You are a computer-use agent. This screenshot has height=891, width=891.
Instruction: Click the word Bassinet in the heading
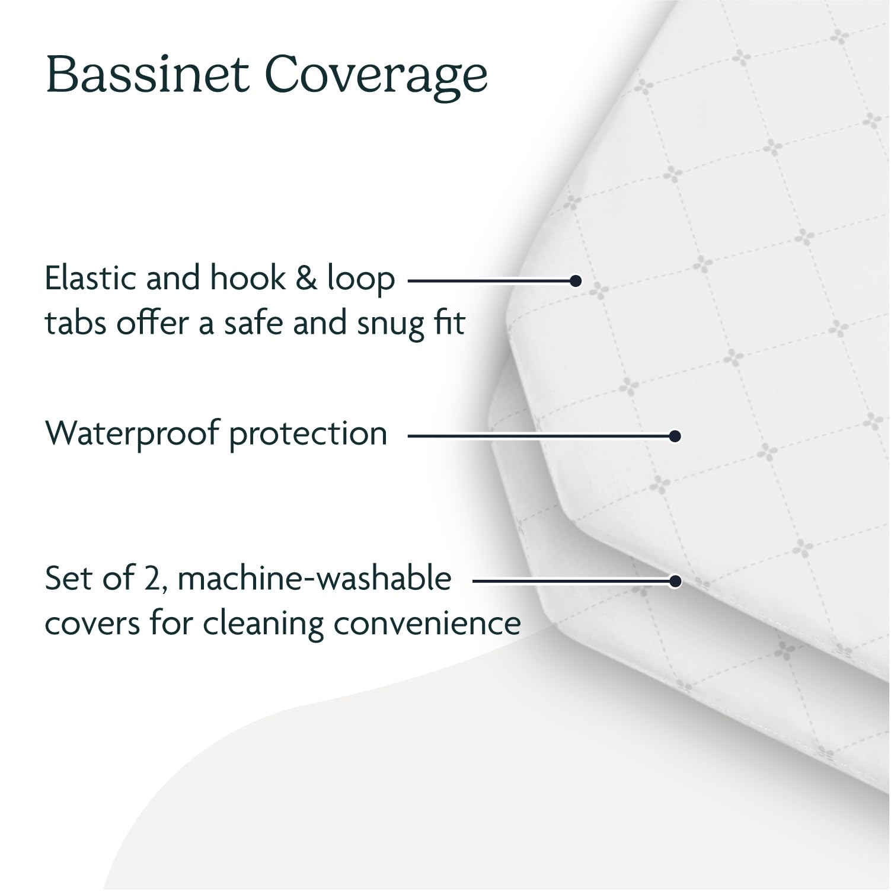147,75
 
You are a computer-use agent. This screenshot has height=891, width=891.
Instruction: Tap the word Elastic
91,278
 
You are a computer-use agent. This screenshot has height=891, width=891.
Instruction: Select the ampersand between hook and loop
306,278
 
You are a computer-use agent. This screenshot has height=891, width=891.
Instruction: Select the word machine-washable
314,579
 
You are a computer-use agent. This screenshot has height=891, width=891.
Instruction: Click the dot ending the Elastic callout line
575,280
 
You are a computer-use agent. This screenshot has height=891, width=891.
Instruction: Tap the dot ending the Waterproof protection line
674,436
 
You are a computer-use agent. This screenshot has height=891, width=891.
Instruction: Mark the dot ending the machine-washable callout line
674,581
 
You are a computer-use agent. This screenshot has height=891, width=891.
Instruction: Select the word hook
244,278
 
